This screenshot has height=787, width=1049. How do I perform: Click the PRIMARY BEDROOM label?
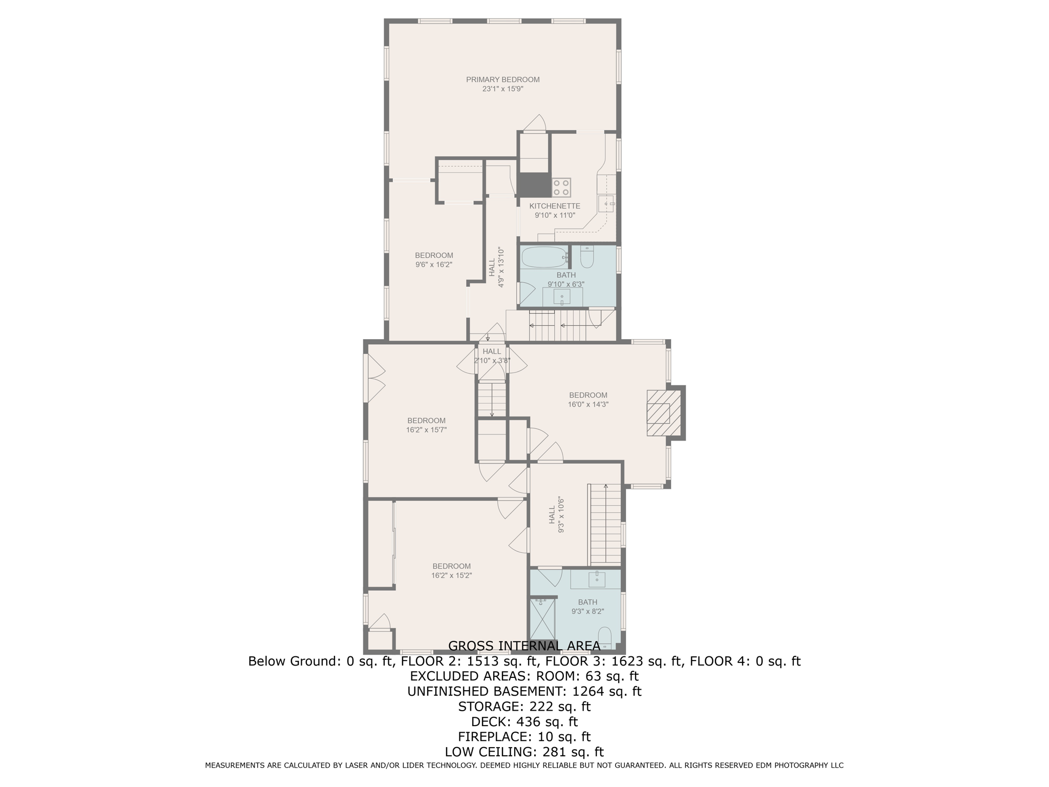[502, 79]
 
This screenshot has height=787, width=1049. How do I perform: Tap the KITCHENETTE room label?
[555, 206]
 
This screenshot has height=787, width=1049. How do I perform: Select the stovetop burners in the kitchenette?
[561, 187]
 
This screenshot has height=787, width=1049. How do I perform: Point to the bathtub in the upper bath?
[544, 257]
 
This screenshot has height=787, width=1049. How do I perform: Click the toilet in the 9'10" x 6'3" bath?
[587, 257]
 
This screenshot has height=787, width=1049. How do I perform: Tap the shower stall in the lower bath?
[542, 623]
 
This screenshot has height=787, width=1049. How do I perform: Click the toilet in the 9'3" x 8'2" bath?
[605, 637]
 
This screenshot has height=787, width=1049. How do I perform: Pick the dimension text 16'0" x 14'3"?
[588, 404]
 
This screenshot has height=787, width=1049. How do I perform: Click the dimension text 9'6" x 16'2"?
[434, 264]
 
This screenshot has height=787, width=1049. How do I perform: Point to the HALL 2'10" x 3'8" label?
[492, 356]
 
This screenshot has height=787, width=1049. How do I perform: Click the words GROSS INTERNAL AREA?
[524, 646]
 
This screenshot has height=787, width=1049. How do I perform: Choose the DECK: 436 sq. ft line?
[524, 721]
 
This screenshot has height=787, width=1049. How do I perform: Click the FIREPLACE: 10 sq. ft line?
[524, 737]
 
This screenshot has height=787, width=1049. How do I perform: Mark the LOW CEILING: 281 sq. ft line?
[524, 752]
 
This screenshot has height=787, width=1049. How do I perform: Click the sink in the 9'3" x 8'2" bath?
[597, 579]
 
